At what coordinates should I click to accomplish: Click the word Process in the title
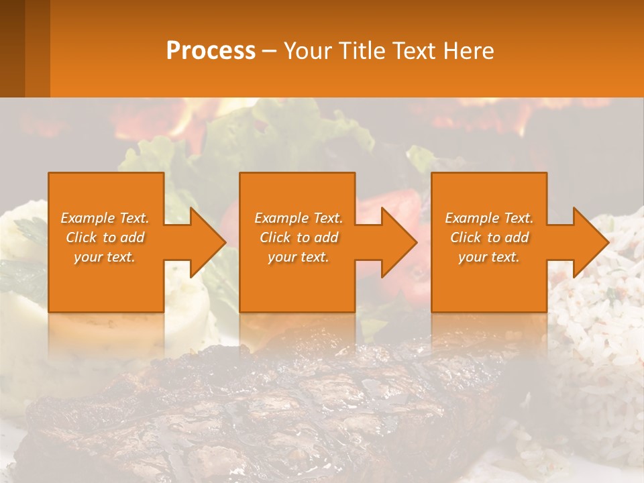[211, 51]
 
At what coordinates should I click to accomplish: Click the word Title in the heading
[363, 51]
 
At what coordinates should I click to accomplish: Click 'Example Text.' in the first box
[105, 218]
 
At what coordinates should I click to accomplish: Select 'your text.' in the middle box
[299, 257]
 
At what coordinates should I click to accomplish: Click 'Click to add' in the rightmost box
[489, 237]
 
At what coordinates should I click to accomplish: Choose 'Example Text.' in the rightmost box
[489, 218]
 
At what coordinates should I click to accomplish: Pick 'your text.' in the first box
[105, 257]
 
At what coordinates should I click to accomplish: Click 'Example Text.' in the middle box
[299, 218]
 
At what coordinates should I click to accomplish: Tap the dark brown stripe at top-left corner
[12, 47]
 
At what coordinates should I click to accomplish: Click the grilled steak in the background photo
[268, 409]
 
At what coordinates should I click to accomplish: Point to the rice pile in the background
[597, 335]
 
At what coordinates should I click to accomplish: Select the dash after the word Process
[269, 51]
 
